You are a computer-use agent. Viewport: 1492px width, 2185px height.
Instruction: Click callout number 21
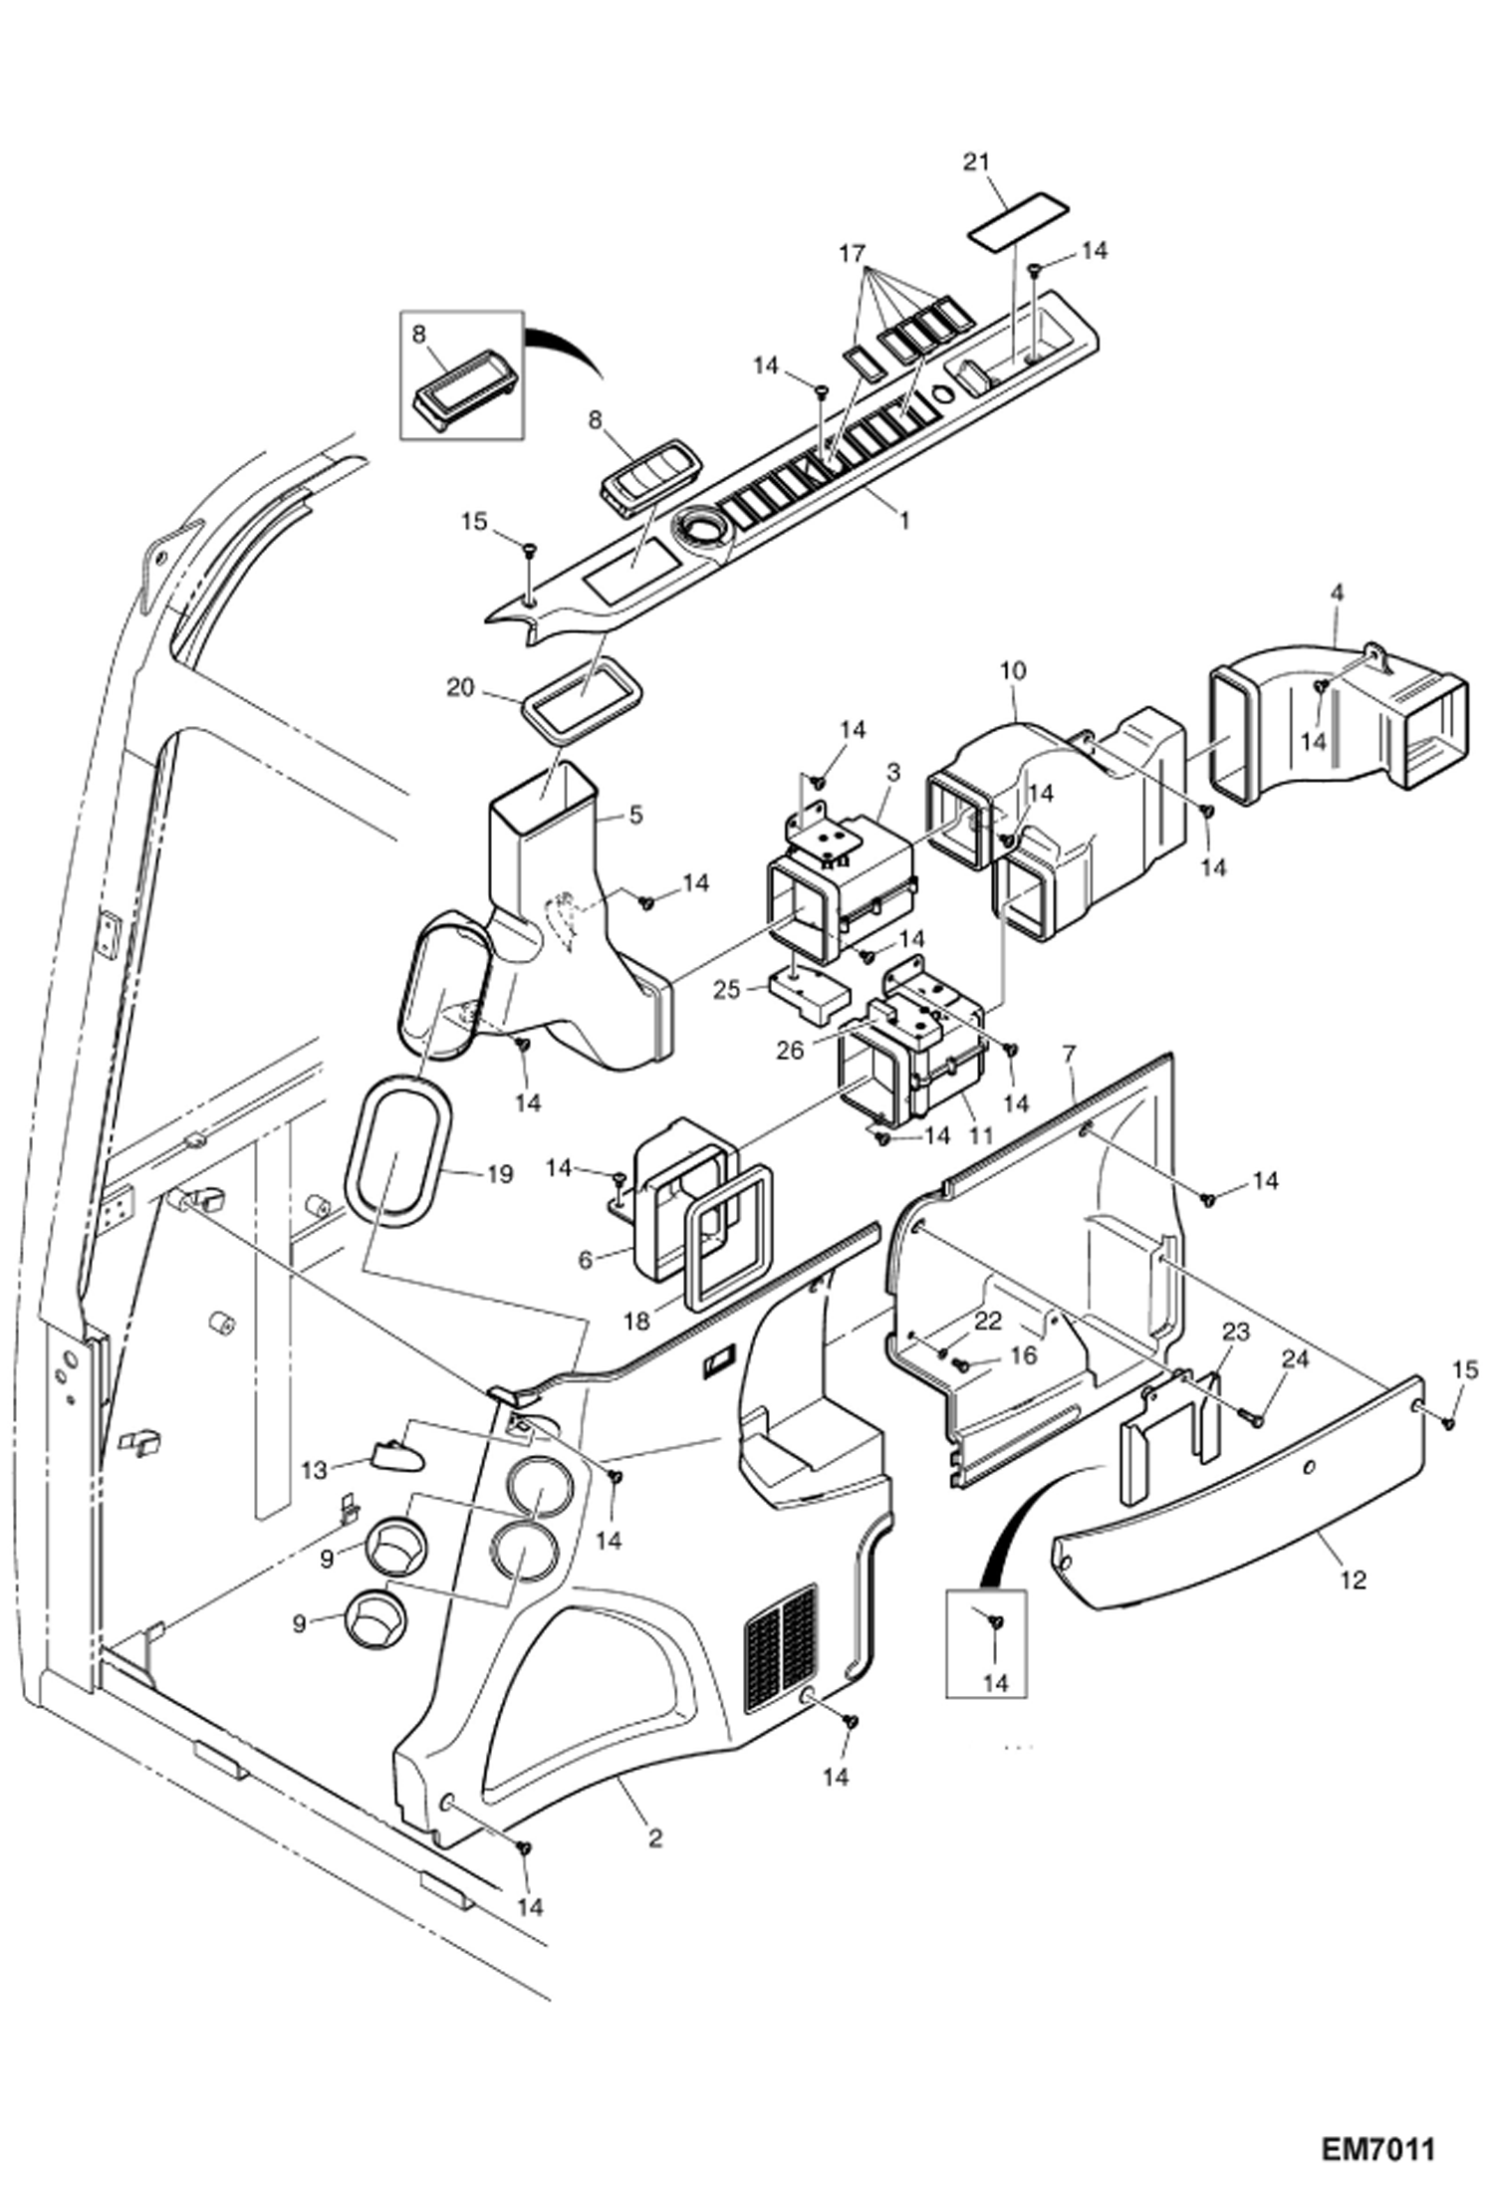[x=977, y=161]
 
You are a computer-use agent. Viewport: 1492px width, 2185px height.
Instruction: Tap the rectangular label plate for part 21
[x=1018, y=221]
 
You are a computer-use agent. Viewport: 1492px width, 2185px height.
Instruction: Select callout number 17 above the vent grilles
[x=852, y=253]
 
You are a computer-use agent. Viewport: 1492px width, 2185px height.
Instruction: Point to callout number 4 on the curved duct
[x=1337, y=592]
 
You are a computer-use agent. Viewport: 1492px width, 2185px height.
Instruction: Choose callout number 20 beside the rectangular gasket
[x=459, y=687]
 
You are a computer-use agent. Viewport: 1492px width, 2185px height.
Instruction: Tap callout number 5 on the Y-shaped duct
[x=635, y=815]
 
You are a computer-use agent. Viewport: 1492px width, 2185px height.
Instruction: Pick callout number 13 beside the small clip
[x=314, y=1470]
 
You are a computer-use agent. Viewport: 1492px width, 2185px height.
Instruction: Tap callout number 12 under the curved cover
[x=1353, y=1579]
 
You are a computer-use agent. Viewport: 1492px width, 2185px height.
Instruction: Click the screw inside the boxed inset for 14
[x=995, y=1622]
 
